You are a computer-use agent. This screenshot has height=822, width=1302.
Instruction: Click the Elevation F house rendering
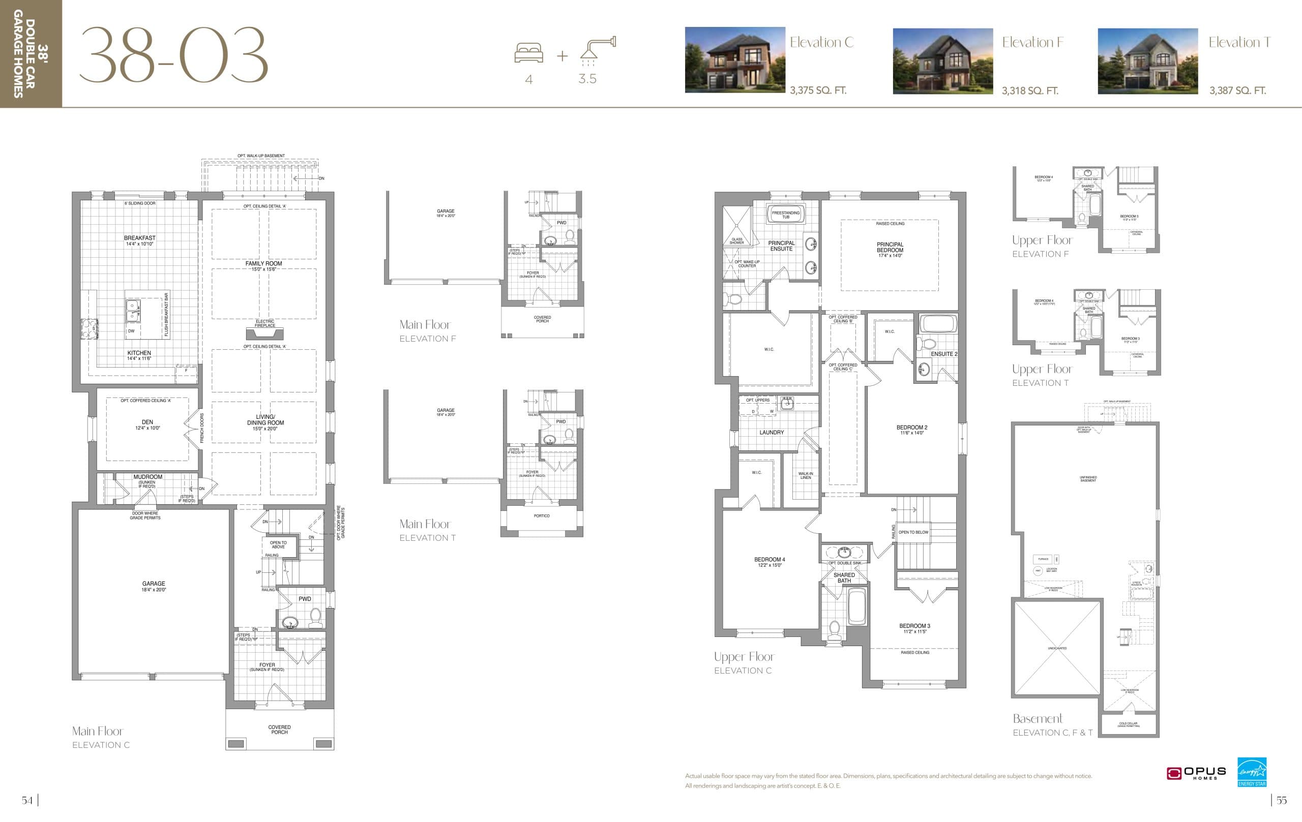click(x=942, y=61)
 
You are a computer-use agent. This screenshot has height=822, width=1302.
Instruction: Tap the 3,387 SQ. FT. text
click(x=1237, y=91)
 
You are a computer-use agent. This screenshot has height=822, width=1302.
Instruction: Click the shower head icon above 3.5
click(x=598, y=49)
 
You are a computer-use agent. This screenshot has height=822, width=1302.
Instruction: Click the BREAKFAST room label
click(x=139, y=238)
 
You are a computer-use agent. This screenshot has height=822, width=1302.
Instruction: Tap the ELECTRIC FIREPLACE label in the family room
click(x=265, y=323)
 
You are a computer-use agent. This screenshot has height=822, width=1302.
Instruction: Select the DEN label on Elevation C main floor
click(x=147, y=422)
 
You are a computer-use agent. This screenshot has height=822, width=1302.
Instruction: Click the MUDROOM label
click(x=147, y=477)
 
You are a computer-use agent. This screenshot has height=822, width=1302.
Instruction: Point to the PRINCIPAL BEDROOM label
click(x=890, y=248)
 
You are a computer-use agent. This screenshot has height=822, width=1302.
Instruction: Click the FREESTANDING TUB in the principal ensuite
click(x=786, y=215)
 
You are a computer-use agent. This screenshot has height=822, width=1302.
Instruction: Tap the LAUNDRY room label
click(x=771, y=432)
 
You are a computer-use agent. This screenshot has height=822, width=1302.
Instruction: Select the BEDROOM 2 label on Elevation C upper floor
click(x=911, y=428)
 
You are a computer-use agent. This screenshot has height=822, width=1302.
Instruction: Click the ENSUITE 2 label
click(x=943, y=354)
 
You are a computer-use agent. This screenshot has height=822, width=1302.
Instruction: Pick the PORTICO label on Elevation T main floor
click(x=541, y=516)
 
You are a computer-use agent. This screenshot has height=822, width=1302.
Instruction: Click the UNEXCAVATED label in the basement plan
click(x=1057, y=648)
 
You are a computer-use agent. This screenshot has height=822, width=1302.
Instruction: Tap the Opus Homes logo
click(x=1196, y=773)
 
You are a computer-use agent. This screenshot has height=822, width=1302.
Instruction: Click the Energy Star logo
click(x=1252, y=772)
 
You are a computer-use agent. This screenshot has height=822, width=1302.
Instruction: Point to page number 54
click(x=27, y=800)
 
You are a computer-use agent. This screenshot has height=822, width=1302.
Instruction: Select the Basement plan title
click(x=1037, y=719)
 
